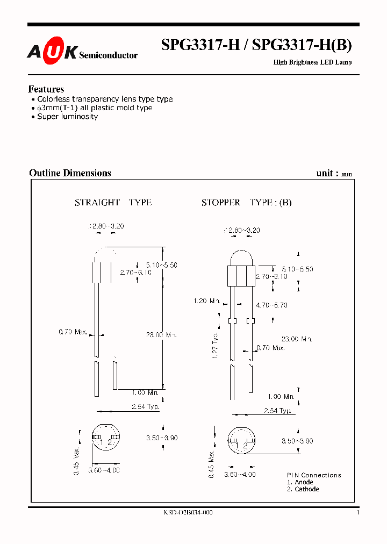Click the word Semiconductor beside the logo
tap(109, 55)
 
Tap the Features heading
tap(46, 89)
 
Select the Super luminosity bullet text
tap(67, 117)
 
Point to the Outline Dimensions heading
tap(70, 173)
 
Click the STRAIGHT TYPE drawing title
tap(113, 203)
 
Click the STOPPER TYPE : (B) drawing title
tap(246, 203)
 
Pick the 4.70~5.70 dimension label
tap(271, 305)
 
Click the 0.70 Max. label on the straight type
tap(73, 332)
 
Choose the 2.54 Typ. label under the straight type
tap(145, 407)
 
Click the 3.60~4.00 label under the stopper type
tap(240, 475)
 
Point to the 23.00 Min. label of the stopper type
tap(296, 339)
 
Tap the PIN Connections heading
tap(314, 475)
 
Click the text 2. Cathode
tap(303, 489)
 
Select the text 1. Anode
tap(300, 482)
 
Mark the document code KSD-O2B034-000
tap(188, 513)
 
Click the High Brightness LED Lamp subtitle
tap(312, 62)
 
